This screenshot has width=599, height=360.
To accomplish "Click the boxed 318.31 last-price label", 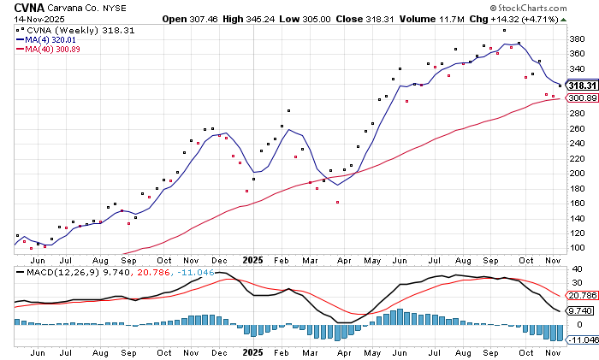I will point(581,86).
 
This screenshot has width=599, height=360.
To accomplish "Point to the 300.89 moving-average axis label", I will point(581,97).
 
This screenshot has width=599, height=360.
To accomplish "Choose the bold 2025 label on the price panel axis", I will point(252,259).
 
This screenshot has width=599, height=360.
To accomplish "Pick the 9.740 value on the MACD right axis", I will point(581,311).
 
